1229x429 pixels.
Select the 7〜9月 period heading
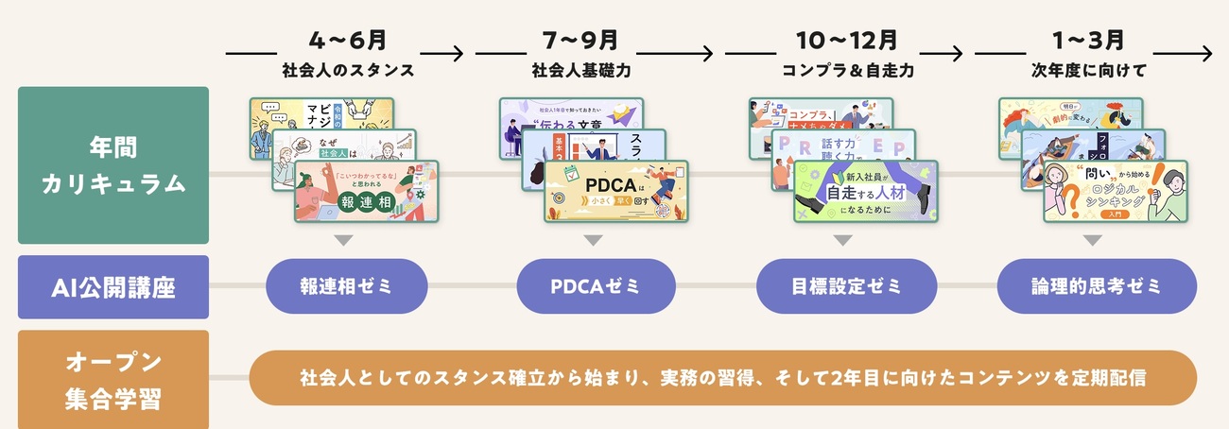pyautogui.click(x=592, y=41)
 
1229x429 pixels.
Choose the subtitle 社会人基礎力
pyautogui.click(x=592, y=71)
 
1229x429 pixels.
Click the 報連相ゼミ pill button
pyautogui.click(x=348, y=286)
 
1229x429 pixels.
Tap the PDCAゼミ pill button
pyautogui.click(x=597, y=286)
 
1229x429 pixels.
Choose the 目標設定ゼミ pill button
pyautogui.click(x=847, y=286)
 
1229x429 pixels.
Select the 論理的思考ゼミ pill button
pyautogui.click(x=1097, y=286)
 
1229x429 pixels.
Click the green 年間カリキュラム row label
pyautogui.click(x=113, y=165)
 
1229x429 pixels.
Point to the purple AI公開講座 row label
pyautogui.click(x=113, y=286)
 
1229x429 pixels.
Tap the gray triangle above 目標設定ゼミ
pyautogui.click(x=842, y=241)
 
